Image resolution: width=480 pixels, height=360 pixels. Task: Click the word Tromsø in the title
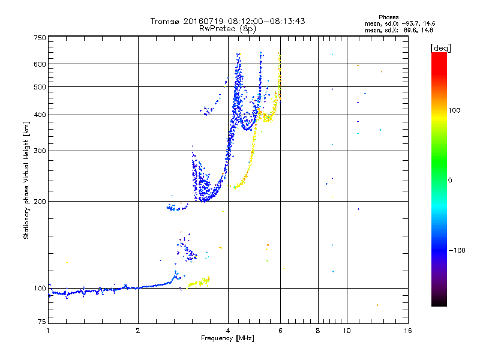[x=166, y=21]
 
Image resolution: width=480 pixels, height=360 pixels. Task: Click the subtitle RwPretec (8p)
[x=227, y=29]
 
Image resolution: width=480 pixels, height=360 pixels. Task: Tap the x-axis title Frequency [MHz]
[x=227, y=338]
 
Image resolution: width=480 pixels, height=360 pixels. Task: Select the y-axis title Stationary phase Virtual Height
[x=26, y=181]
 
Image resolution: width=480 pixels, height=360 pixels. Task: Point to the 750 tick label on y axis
[x=40, y=38]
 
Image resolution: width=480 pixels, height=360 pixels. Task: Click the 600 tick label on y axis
[x=40, y=64]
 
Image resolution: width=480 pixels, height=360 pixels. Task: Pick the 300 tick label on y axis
[x=40, y=151]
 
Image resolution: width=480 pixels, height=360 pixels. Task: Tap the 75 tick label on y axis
[x=42, y=322]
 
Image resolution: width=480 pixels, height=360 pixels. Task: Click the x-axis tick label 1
[x=48, y=331]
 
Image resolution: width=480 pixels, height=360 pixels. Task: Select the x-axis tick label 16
[x=408, y=331]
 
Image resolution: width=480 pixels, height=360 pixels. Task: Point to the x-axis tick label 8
[x=318, y=331]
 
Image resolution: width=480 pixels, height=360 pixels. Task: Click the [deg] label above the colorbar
[x=440, y=49]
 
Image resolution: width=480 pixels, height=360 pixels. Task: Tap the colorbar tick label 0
[x=450, y=180]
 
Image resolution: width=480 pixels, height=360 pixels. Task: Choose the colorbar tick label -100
[x=457, y=250]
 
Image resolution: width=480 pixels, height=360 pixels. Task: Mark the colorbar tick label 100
[x=454, y=110]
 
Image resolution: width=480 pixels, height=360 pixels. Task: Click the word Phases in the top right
[x=388, y=17]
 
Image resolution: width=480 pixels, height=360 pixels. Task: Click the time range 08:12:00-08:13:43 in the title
[x=266, y=21]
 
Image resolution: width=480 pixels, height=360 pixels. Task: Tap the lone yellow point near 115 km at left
[x=67, y=262]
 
